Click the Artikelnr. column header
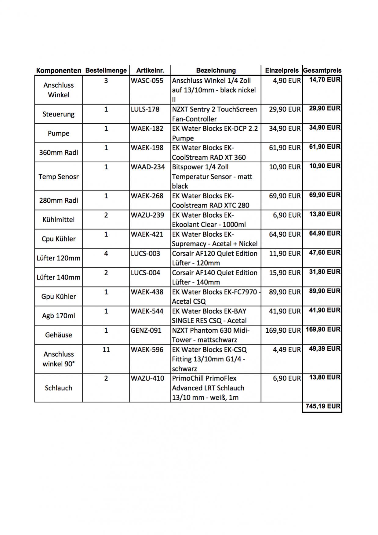150,70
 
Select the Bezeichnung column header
216,70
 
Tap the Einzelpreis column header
282,70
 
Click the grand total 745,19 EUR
323,406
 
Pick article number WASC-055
147,81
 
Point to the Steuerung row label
58,114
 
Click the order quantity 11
106,349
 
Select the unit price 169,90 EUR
283,331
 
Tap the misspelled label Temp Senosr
58,176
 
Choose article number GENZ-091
146,330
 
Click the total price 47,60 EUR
325,252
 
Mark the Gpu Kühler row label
58,296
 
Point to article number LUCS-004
145,273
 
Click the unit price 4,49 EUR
287,349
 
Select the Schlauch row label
58,388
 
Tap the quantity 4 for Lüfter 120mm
106,253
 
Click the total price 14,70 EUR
325,80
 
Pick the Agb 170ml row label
58,316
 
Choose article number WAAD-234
148,167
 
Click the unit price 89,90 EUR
285,292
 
